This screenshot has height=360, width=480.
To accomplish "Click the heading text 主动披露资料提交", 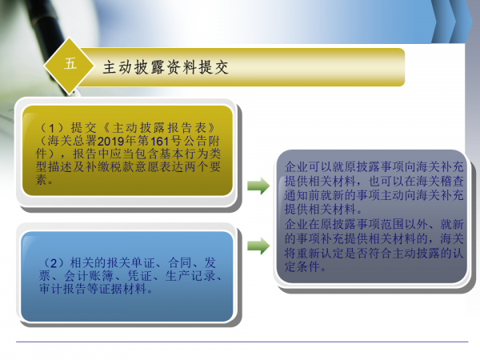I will click(166, 68).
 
